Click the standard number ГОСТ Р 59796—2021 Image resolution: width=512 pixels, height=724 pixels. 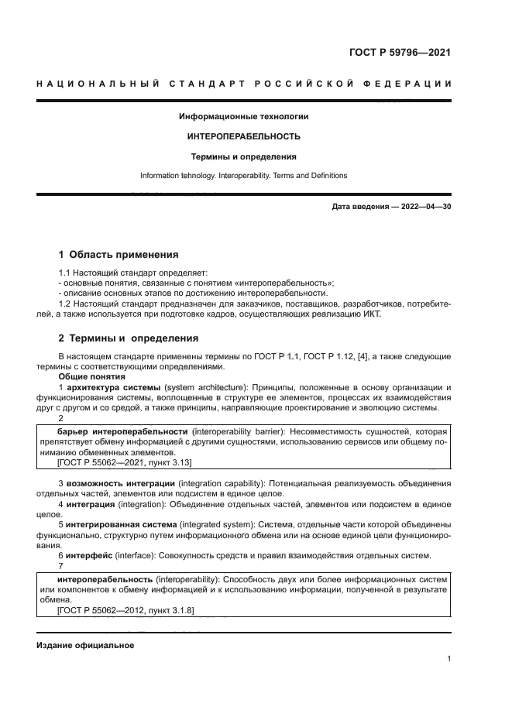point(395,53)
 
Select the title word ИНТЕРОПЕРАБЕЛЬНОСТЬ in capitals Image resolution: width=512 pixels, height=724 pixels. point(244,136)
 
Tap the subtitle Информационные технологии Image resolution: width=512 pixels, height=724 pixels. point(244,117)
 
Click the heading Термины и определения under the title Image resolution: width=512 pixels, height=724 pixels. point(244,156)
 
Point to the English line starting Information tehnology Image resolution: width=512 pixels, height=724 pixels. point(244,176)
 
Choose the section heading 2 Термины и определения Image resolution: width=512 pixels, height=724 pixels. point(128,338)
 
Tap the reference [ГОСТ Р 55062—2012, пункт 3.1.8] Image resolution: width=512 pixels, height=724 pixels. point(125,610)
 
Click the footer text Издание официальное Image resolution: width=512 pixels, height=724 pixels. point(85,645)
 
